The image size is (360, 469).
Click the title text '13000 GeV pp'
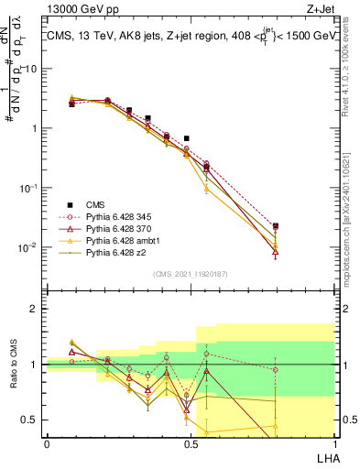click(x=75, y=10)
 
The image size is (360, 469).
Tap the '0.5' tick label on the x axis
click(x=191, y=443)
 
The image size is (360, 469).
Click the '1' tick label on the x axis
click(x=333, y=443)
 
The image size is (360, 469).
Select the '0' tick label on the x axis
click(x=47, y=443)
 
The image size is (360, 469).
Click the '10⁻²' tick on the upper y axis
click(x=27, y=247)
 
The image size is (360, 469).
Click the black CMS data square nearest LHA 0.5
click(x=187, y=138)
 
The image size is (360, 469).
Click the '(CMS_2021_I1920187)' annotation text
click(x=190, y=274)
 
